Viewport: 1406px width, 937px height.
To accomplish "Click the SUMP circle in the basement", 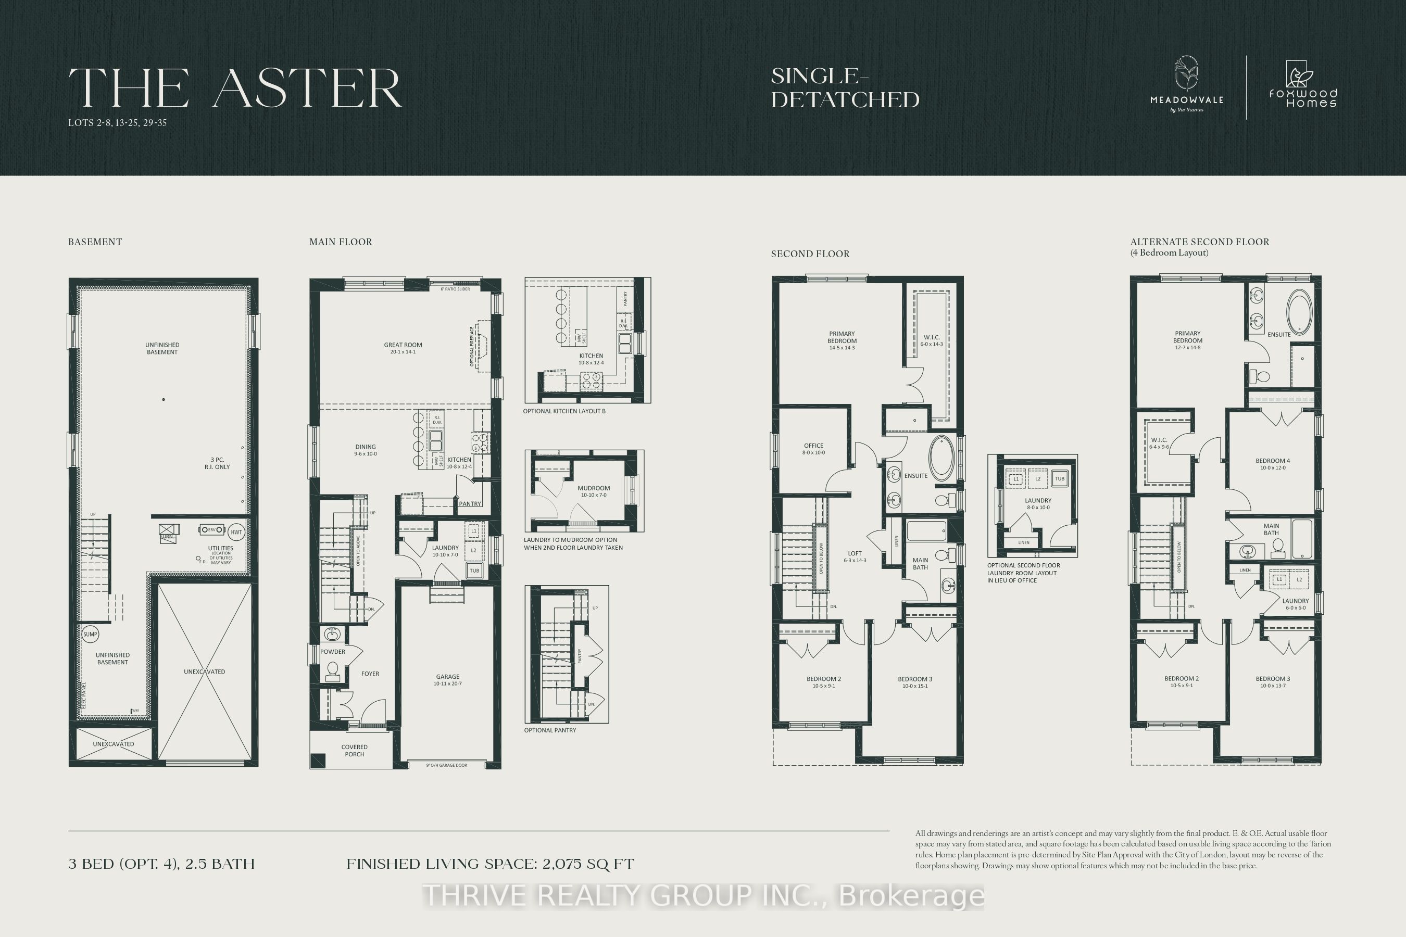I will [x=90, y=634].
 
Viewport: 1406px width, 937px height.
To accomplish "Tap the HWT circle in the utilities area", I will [x=236, y=532].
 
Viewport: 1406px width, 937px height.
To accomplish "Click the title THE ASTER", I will [x=234, y=88].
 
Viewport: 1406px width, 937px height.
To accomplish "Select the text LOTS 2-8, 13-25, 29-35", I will [x=117, y=123].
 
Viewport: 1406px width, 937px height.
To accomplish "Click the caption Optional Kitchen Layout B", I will [x=564, y=411].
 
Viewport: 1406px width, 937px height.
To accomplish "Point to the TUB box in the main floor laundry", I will [x=474, y=571].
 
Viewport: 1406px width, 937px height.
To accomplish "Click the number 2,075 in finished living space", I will [x=559, y=864].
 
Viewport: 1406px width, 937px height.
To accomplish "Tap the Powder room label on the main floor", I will [x=333, y=651].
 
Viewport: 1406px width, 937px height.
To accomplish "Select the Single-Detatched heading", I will [x=845, y=88].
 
